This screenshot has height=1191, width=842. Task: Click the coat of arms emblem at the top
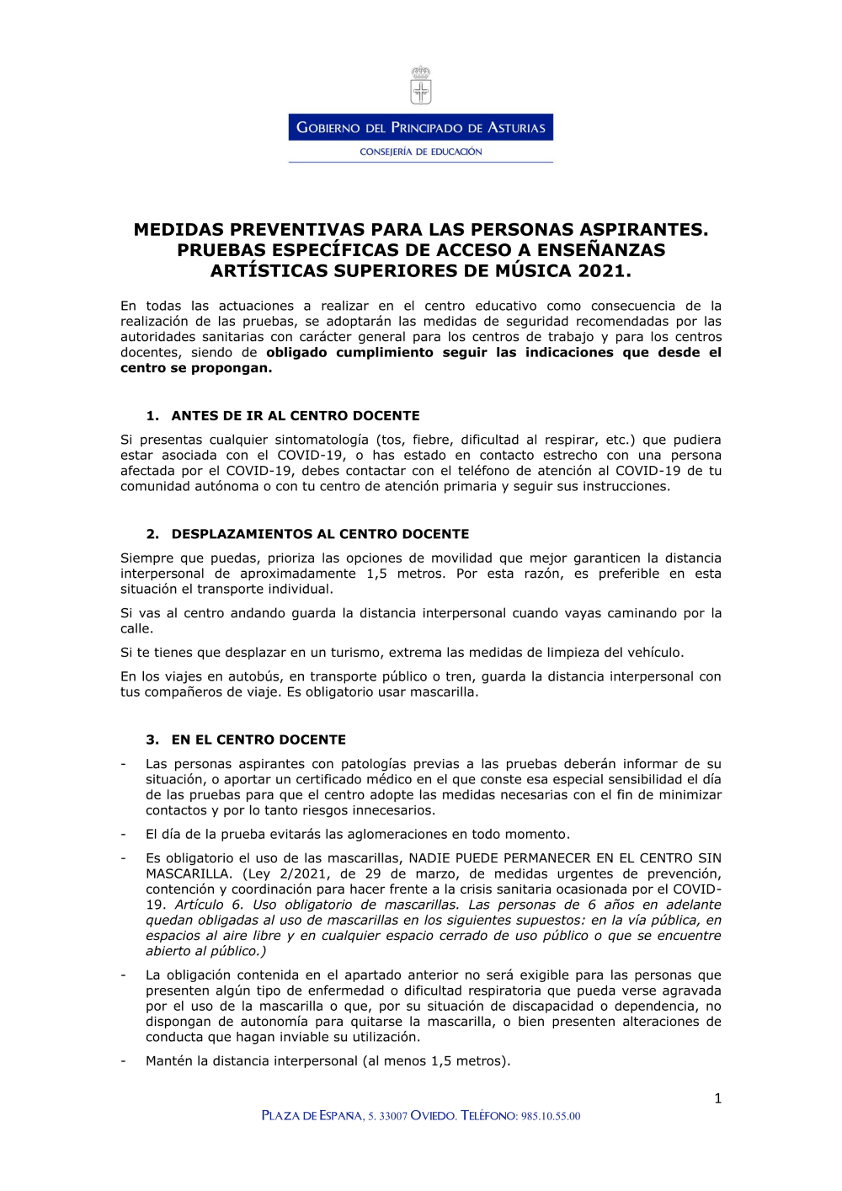421,85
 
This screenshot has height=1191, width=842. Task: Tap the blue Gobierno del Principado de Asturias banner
421,127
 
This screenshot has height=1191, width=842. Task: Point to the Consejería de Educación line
421,152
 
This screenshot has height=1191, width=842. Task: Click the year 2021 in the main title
604,271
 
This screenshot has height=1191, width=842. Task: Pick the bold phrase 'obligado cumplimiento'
349,353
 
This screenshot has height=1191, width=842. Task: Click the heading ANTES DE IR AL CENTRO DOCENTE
296,416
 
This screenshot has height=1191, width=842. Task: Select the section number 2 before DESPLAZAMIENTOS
152,534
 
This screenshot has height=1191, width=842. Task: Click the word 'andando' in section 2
258,613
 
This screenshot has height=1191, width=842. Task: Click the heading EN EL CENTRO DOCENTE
258,740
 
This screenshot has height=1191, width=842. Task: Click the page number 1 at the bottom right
717,1098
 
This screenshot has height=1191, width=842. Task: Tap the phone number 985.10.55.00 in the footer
551,1116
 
